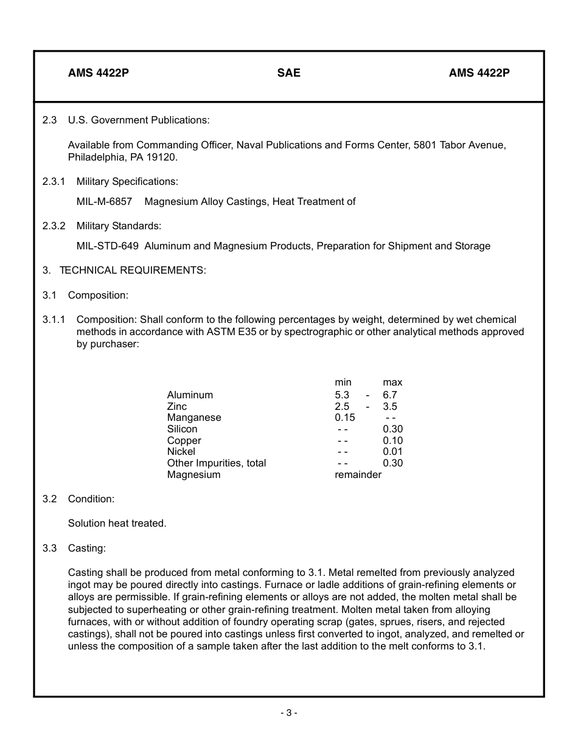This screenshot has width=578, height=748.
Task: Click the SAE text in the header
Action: coord(289,73)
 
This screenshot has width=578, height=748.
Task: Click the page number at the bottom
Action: coord(289,713)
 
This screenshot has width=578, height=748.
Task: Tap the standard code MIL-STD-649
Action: coord(107,246)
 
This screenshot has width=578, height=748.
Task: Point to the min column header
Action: coord(343,383)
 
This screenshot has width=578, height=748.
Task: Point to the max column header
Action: coord(392,383)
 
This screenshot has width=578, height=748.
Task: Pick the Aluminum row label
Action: coord(190,395)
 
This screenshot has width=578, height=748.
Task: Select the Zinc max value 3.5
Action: coord(390,407)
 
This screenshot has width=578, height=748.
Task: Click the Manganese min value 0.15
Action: coord(345,418)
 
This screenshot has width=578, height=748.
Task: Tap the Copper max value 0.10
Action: coord(392,441)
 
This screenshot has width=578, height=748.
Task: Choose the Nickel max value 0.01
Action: coord(392,452)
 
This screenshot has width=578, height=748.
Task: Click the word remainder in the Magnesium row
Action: coord(358,475)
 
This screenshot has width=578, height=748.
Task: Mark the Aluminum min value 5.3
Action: coord(342,395)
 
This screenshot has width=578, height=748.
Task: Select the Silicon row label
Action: coord(182,429)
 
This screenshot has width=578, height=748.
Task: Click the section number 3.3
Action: coord(49,549)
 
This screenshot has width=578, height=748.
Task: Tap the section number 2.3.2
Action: coord(54,226)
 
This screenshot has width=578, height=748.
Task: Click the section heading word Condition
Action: coord(91,499)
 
